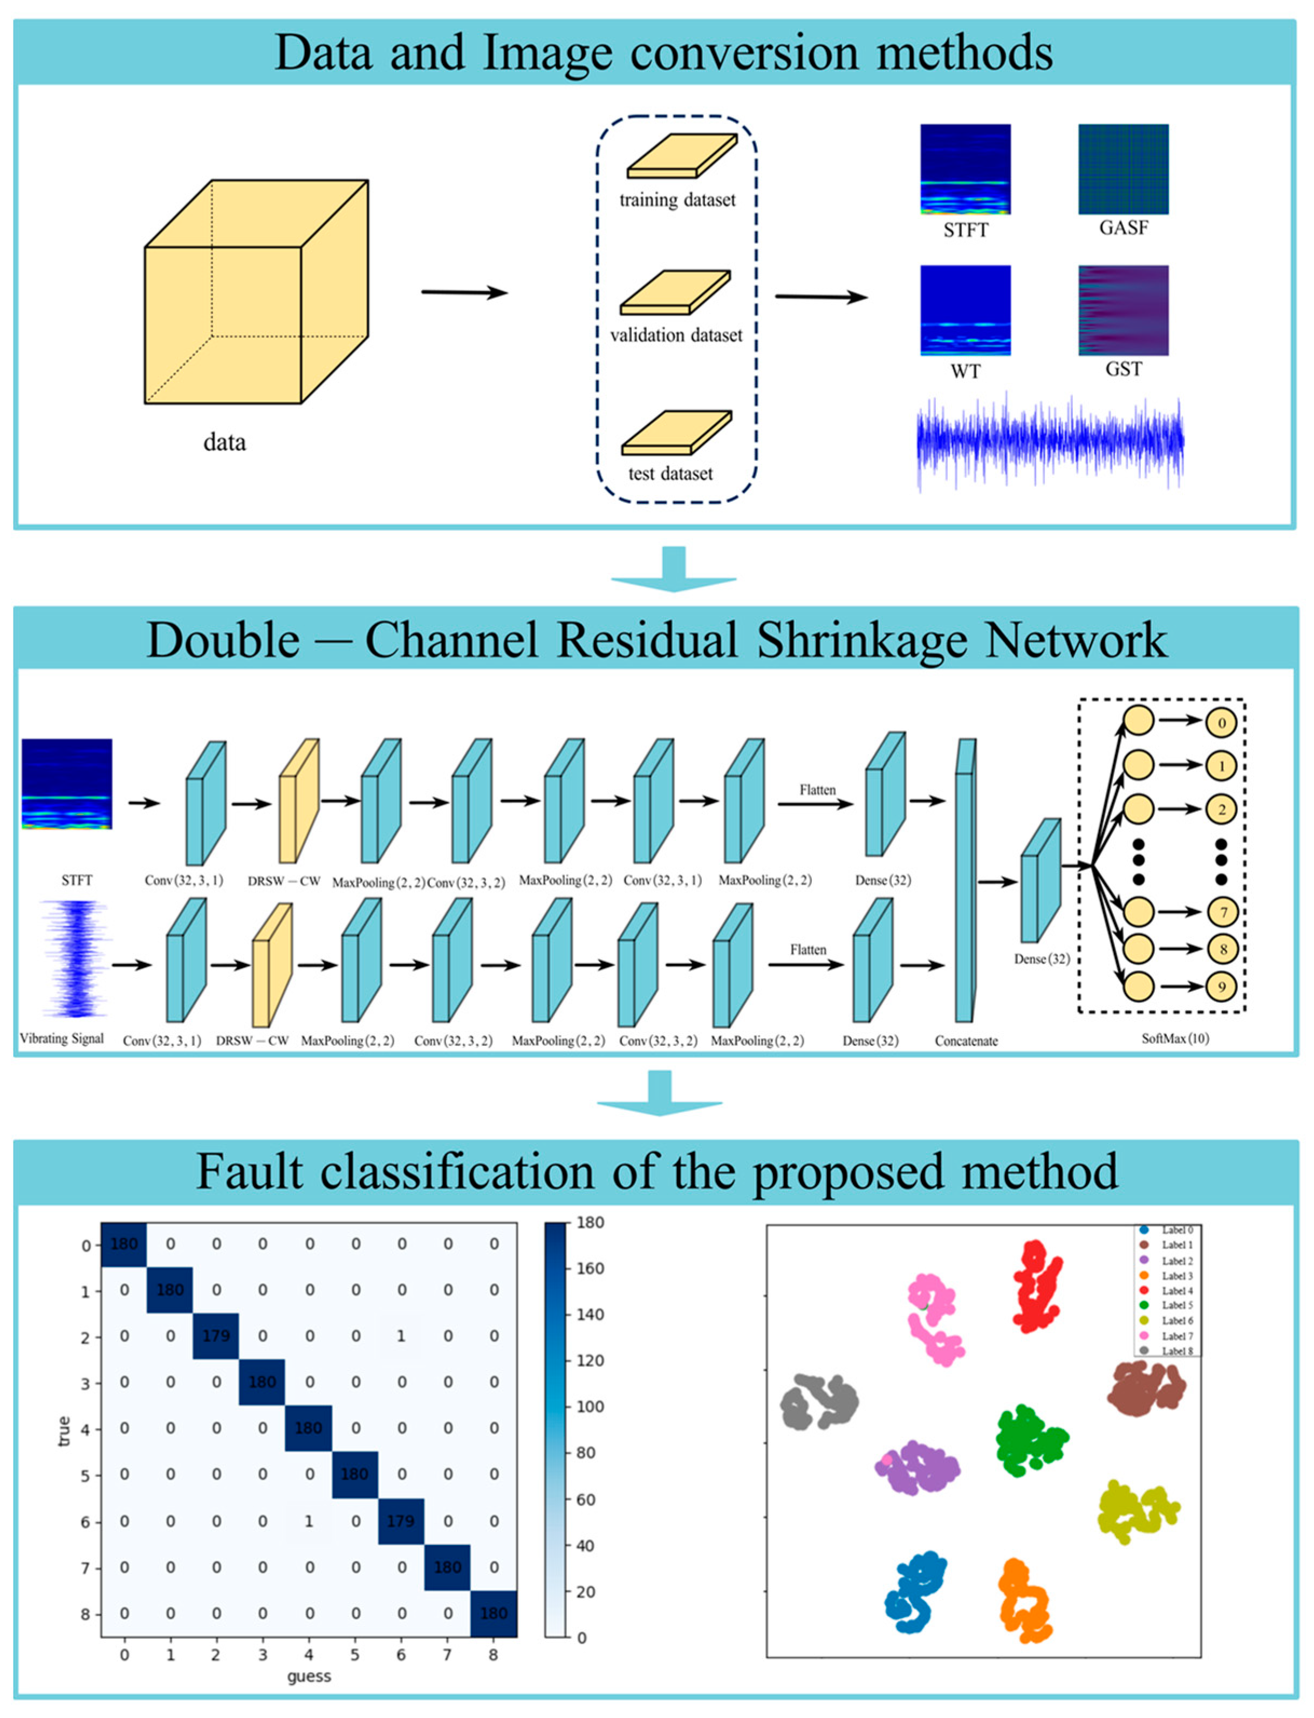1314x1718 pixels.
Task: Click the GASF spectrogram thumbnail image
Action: click(x=1123, y=169)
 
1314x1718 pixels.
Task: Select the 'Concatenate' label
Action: click(x=966, y=1041)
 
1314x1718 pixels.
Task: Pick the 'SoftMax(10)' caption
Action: click(x=1175, y=1038)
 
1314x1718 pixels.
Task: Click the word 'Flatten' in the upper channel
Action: click(x=817, y=790)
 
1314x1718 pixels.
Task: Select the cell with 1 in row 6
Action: click(x=309, y=1521)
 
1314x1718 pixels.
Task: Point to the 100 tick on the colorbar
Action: click(x=591, y=1407)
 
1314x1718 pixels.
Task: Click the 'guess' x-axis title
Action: click(x=309, y=1676)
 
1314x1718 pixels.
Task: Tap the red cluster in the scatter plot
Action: click(x=1036, y=1286)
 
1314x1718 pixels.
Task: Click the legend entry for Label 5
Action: click(x=1169, y=1305)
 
